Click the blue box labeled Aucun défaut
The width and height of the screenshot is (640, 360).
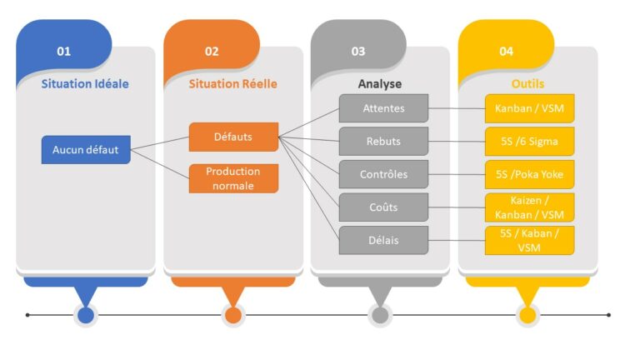tap(86, 150)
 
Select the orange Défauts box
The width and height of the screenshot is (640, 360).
tap(233, 137)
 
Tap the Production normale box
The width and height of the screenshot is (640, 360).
tap(233, 178)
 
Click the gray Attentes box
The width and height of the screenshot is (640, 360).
tap(383, 108)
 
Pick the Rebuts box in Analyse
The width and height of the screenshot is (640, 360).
tap(383, 141)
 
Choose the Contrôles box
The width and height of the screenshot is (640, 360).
tap(383, 174)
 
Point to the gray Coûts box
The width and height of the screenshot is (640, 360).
tap(383, 207)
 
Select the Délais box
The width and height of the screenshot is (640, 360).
tap(383, 240)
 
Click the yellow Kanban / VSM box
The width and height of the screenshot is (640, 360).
tap(530, 108)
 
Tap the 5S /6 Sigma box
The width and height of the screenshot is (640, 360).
tap(530, 141)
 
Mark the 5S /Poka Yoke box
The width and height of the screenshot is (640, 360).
tap(530, 174)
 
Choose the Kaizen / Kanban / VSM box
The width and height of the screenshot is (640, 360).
tap(530, 207)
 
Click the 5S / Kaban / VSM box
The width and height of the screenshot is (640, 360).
tap(530, 240)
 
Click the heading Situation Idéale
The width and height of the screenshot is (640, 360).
tap(85, 84)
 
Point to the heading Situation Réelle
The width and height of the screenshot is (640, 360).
tap(232, 84)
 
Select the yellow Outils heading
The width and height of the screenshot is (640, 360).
tap(527, 84)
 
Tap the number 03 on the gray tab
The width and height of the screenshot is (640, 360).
tap(358, 52)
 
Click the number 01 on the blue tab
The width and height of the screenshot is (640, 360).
tap(64, 52)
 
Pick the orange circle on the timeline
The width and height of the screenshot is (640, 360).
tap(232, 315)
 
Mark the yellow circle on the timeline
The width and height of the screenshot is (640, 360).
tap(527, 315)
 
